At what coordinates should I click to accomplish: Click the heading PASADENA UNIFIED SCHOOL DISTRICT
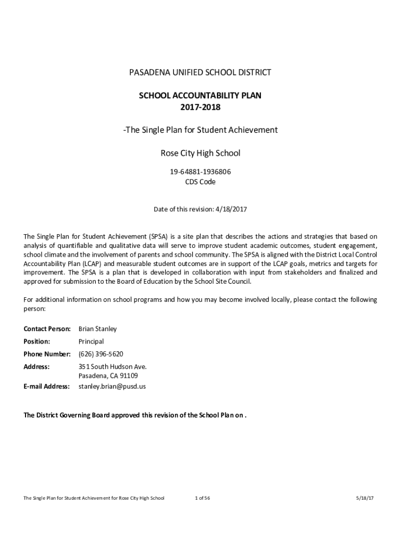[x=200, y=72]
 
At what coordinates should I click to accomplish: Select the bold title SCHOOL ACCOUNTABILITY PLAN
[x=200, y=96]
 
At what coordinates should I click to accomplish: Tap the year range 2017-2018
[x=200, y=107]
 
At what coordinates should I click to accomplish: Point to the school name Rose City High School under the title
[x=200, y=153]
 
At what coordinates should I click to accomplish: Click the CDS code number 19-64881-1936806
[x=200, y=172]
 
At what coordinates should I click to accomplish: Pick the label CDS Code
[x=200, y=182]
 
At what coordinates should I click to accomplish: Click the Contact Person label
[x=47, y=329]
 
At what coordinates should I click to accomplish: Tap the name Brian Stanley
[x=97, y=329]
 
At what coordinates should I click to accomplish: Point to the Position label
[x=37, y=341]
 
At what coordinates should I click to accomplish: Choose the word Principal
[x=91, y=341]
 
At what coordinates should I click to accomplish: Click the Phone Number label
[x=47, y=354]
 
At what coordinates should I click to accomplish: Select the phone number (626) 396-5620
[x=101, y=354]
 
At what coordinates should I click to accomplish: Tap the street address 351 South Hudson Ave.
[x=112, y=366]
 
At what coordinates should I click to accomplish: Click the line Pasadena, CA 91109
[x=108, y=376]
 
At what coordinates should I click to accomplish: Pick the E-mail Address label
[x=46, y=386]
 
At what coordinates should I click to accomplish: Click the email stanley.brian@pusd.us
[x=112, y=386]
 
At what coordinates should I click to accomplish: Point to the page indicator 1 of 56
[x=202, y=498]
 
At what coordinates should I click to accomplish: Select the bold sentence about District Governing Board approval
[x=134, y=415]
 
